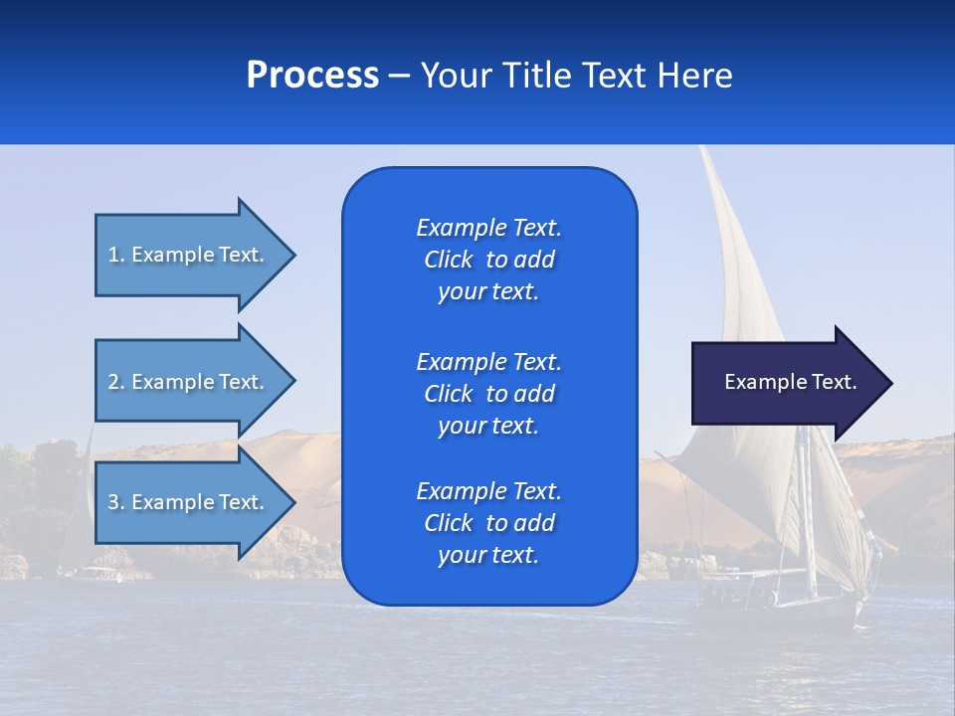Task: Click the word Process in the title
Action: [312, 76]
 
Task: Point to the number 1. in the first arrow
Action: [116, 255]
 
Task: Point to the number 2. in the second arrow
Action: [116, 382]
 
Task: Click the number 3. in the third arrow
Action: [116, 502]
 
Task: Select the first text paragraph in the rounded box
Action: [488, 260]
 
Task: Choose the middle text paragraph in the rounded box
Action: [488, 393]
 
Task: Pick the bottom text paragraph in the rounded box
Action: [488, 523]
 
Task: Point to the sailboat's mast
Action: [808, 517]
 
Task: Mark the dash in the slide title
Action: [400, 77]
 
